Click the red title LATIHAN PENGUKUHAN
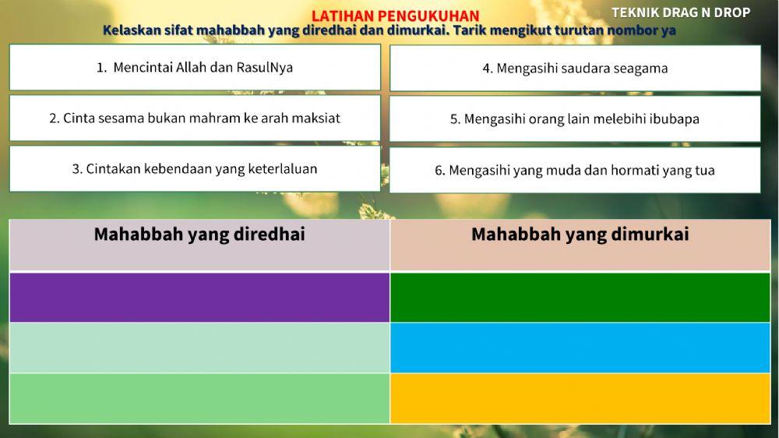(x=395, y=16)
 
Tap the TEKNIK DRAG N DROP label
(x=681, y=12)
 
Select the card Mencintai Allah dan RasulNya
(x=195, y=67)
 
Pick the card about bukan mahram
(x=195, y=118)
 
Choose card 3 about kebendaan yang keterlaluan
(x=195, y=168)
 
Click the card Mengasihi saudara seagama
(x=575, y=68)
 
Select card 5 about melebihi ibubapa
(x=575, y=119)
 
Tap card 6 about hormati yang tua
(x=575, y=170)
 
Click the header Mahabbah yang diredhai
(x=199, y=235)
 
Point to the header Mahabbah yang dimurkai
(x=580, y=235)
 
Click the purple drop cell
(x=199, y=297)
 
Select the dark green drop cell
(x=580, y=297)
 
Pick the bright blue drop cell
(x=580, y=348)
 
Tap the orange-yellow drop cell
(x=580, y=398)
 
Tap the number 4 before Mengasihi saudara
(x=487, y=69)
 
